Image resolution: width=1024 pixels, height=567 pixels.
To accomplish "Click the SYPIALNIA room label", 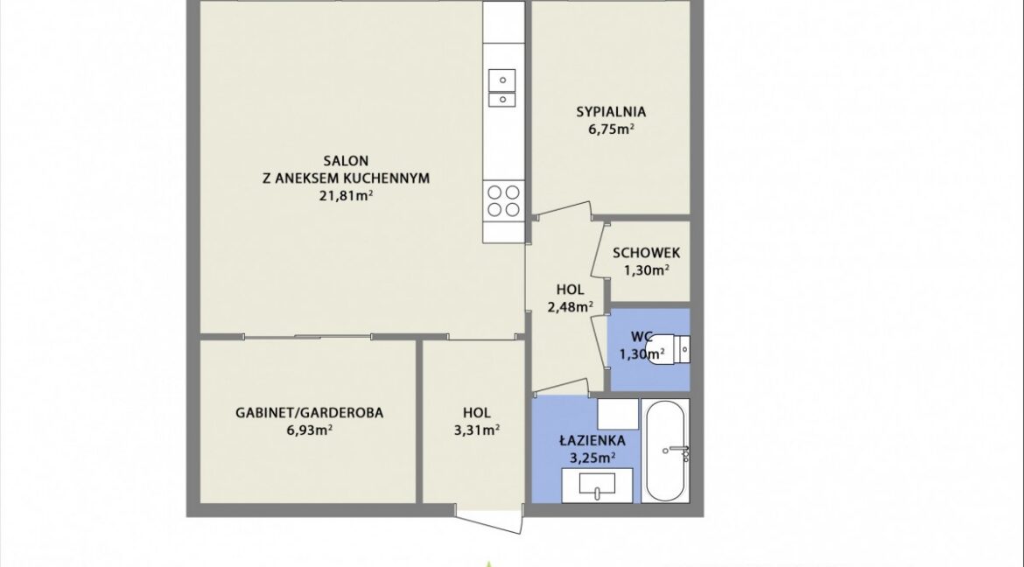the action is (611, 112).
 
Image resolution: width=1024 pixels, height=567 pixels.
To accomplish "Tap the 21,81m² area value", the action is (346, 194).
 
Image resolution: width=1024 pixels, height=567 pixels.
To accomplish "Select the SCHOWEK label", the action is (647, 253).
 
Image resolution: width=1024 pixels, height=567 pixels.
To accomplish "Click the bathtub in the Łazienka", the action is (665, 450).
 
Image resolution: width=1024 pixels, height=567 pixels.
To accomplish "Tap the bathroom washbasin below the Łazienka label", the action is (597, 486).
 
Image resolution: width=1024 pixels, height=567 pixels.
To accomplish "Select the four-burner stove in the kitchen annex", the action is (503, 200).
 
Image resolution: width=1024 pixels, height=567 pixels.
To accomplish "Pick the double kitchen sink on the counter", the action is (502, 87).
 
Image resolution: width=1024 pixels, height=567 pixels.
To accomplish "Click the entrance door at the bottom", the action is (490, 520).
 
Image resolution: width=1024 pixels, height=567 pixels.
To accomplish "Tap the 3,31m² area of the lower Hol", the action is (477, 430).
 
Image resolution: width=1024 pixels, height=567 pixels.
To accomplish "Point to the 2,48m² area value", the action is (570, 305).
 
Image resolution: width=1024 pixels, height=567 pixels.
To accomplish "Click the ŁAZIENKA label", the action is (593, 440).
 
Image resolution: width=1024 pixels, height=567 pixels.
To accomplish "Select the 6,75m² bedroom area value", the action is (611, 129).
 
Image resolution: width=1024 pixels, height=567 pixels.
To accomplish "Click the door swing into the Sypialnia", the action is (562, 210).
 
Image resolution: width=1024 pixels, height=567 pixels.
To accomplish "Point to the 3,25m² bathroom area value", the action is (593, 458).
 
